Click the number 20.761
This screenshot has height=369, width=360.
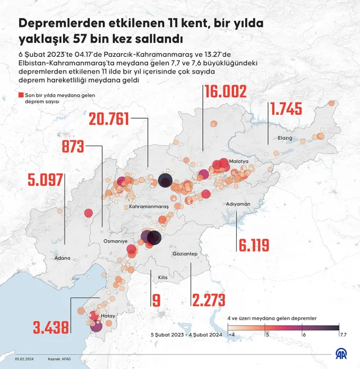(x=109, y=119)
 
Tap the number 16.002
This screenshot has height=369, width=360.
(x=225, y=93)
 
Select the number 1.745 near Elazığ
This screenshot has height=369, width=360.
(x=286, y=109)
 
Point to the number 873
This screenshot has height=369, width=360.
(x=74, y=147)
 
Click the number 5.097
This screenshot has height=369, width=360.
(x=47, y=181)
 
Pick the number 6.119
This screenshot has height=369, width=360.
(x=254, y=245)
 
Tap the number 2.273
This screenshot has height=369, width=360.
(x=209, y=300)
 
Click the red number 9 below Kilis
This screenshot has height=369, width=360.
(x=156, y=300)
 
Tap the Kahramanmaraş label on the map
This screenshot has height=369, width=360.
(x=149, y=208)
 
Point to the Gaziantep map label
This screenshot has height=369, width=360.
(x=186, y=254)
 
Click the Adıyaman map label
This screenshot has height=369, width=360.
(x=237, y=204)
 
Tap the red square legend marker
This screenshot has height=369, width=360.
(x=21, y=96)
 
